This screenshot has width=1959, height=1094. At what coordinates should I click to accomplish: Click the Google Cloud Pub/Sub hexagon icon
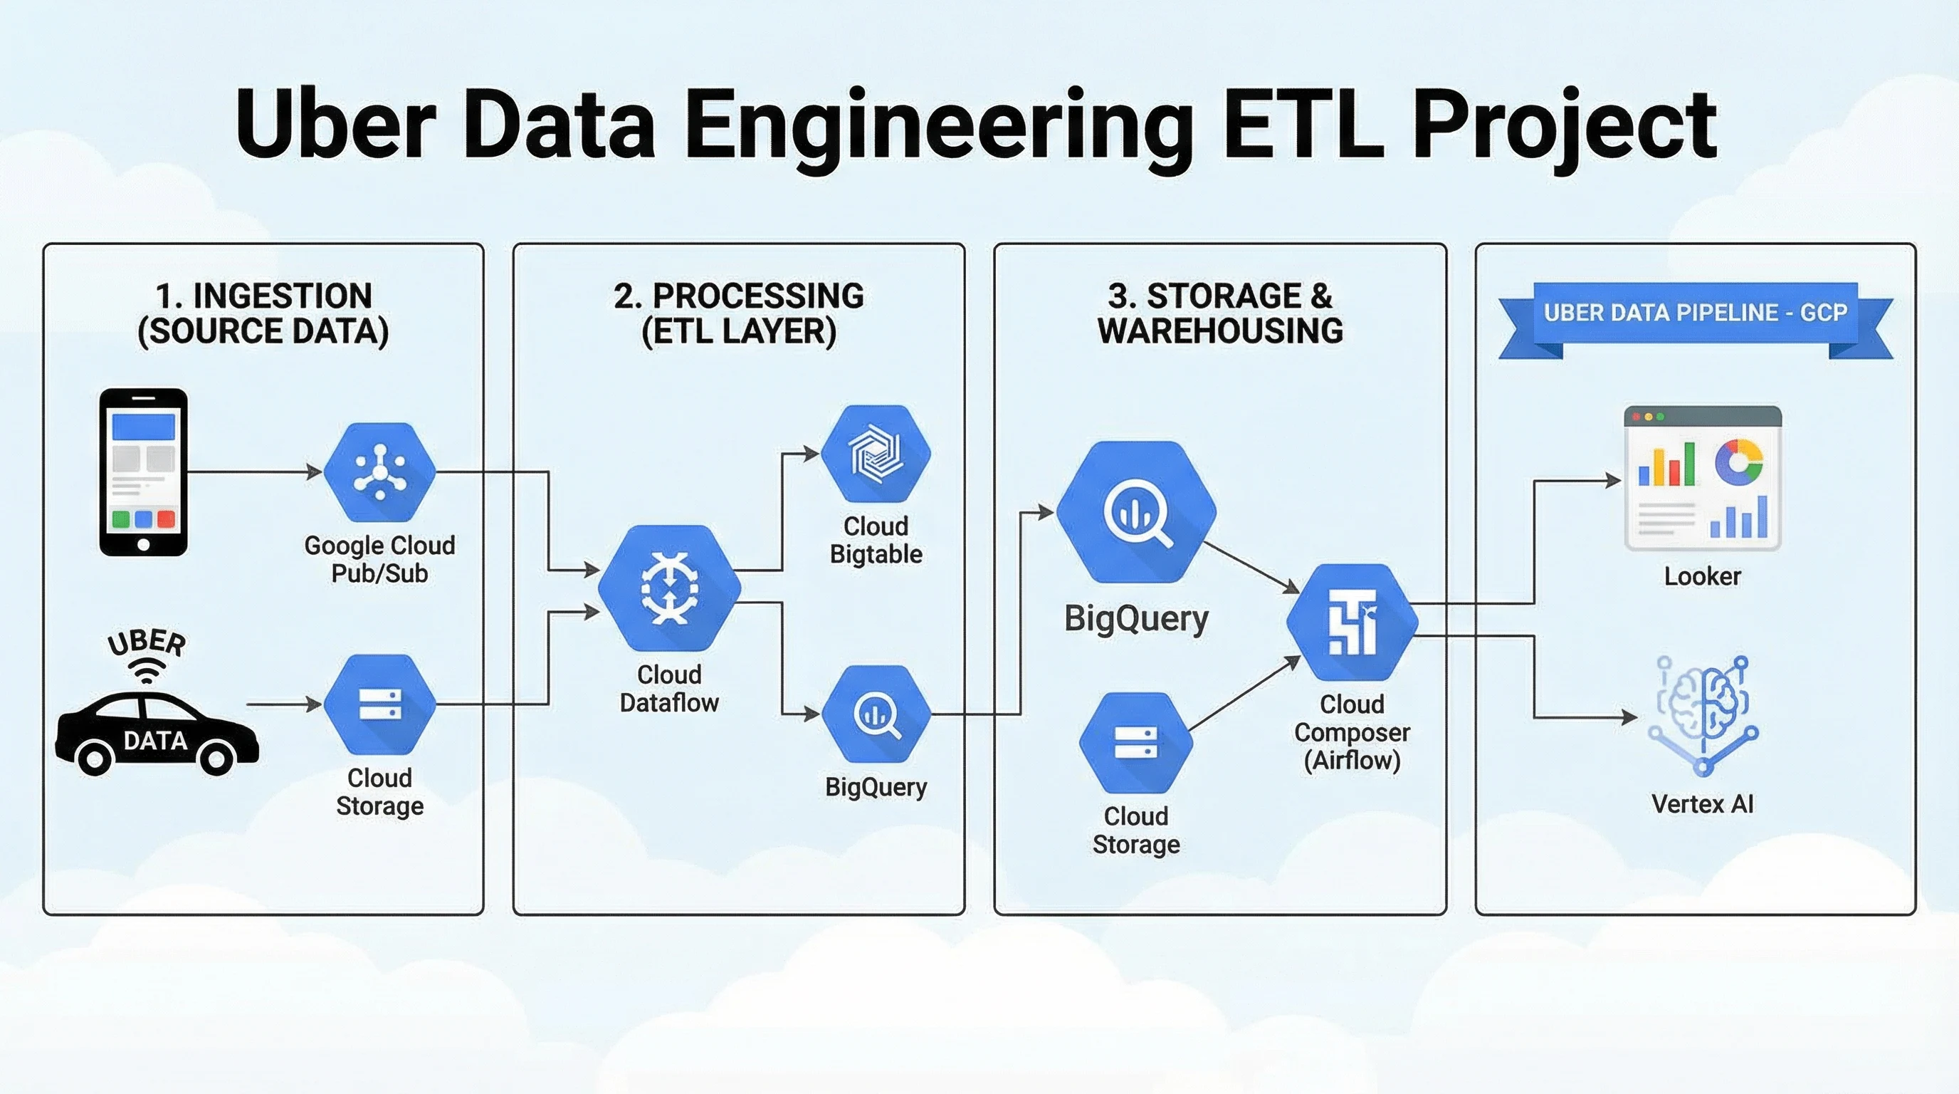[x=379, y=472]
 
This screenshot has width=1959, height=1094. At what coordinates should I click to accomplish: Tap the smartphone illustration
[x=144, y=472]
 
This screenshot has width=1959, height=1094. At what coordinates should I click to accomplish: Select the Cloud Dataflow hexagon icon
[x=669, y=588]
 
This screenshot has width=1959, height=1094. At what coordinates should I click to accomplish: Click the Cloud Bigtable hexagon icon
[x=876, y=454]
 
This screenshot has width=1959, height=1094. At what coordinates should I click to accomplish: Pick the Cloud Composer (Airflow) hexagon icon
[x=1352, y=622]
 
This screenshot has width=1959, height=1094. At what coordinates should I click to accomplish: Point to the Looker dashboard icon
[x=1703, y=479]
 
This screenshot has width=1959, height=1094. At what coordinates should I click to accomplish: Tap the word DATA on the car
[x=155, y=740]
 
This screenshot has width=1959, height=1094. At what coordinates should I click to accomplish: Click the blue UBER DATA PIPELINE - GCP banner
[x=1695, y=313]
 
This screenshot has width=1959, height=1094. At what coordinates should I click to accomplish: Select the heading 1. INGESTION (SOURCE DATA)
[x=263, y=313]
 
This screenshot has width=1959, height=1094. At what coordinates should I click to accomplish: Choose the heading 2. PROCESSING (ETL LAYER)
[x=738, y=313]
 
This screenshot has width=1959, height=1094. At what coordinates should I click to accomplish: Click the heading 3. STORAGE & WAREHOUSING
[x=1220, y=313]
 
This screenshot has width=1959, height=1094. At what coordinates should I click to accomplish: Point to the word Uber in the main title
[x=335, y=123]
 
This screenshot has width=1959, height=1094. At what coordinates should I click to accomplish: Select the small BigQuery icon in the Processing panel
[x=876, y=714]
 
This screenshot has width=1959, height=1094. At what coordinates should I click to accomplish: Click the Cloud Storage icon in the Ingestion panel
[x=379, y=704]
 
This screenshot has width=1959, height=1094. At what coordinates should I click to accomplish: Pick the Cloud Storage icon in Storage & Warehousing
[x=1136, y=743]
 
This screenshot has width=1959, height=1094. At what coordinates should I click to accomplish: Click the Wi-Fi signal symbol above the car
[x=146, y=671]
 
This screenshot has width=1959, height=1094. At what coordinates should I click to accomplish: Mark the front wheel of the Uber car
[x=216, y=758]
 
